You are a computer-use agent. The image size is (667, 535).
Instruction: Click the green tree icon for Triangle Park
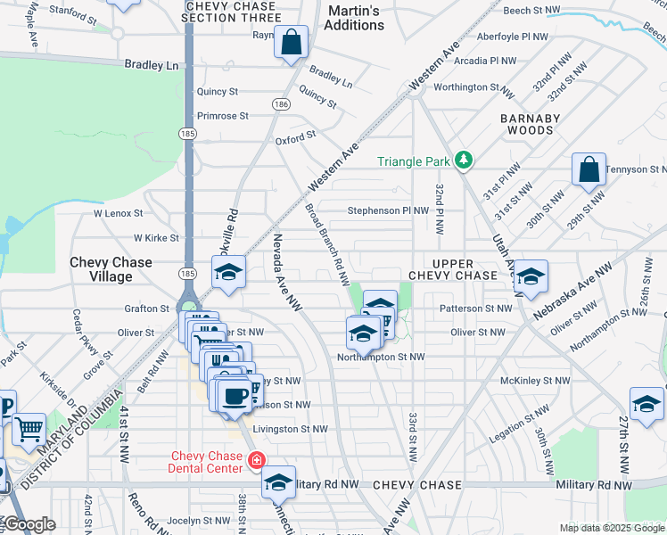(x=463, y=160)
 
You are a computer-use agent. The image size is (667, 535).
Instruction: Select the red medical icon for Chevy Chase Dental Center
(x=256, y=461)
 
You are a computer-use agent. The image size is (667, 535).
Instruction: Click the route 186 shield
(x=282, y=104)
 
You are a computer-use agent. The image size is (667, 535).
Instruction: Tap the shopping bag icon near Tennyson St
(x=589, y=170)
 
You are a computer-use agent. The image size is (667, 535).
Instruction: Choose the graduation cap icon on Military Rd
(x=278, y=482)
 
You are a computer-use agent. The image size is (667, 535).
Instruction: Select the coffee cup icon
(x=234, y=397)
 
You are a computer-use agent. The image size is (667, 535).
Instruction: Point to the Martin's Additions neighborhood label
(x=354, y=18)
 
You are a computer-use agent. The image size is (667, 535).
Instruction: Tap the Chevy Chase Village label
(x=111, y=269)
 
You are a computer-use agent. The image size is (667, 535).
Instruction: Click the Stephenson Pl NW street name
(x=388, y=211)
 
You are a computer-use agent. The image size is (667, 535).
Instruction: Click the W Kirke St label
(x=156, y=238)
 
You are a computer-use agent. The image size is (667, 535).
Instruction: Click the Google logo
(x=29, y=524)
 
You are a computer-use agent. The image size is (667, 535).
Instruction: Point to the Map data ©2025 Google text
(x=612, y=528)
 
